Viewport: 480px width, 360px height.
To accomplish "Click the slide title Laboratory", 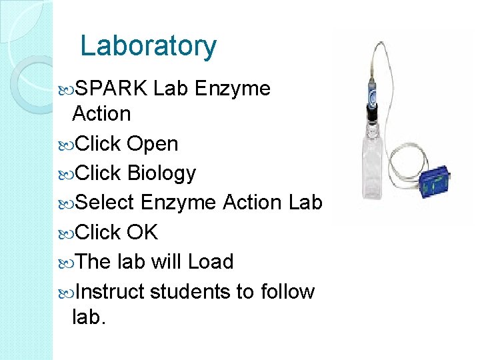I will pyautogui.click(x=148, y=46).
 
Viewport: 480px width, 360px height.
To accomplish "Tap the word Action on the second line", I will pyautogui.click(x=101, y=114).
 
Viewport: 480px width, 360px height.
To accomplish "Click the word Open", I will pyautogui.click(x=153, y=144).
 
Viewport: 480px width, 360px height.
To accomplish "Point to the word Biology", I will pyautogui.click(x=161, y=173).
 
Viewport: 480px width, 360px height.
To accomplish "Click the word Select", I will pyautogui.click(x=105, y=202).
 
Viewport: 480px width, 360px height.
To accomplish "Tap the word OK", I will pyautogui.click(x=143, y=232).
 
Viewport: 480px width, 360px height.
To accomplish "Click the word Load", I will pyautogui.click(x=211, y=261).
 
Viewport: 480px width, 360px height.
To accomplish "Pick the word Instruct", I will pyautogui.click(x=110, y=291).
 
